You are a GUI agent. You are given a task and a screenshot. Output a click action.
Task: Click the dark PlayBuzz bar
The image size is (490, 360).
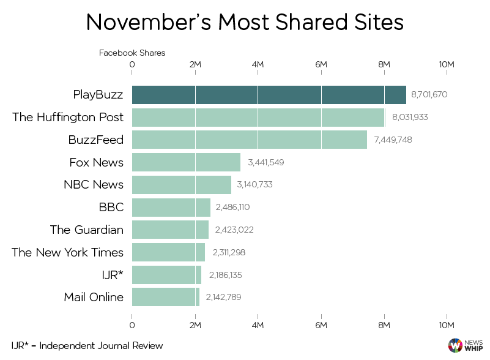point(269,95)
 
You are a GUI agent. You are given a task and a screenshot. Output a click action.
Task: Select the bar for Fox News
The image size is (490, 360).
point(186,162)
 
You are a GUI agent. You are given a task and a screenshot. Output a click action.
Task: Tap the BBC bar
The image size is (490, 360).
point(171,207)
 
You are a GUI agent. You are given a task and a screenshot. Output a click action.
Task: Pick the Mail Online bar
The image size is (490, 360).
point(166,297)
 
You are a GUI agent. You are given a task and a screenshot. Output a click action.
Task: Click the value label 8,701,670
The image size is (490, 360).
point(430,95)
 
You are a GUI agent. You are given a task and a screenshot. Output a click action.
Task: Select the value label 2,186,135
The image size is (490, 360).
point(225,275)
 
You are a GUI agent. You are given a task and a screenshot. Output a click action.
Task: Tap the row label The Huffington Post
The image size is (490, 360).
point(68,117)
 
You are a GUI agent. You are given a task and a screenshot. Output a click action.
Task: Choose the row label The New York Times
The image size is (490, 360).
point(67,252)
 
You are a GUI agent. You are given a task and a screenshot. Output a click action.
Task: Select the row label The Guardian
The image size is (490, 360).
point(87,230)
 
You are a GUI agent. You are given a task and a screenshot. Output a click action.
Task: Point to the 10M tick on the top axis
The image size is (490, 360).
point(447,64)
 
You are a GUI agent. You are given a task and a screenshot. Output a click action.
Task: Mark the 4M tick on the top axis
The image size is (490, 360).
point(258,64)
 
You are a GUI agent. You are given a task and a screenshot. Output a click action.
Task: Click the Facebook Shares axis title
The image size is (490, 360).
point(132,53)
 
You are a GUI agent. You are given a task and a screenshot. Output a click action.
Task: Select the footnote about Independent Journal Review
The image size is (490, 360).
point(87,346)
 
